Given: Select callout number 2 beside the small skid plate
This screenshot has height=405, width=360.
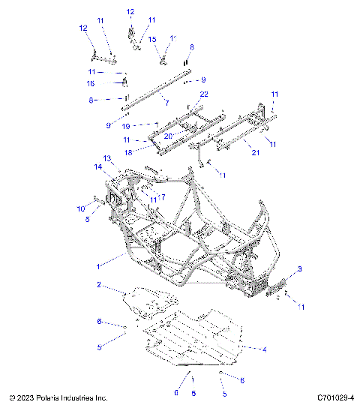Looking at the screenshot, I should pyautogui.click(x=98, y=285).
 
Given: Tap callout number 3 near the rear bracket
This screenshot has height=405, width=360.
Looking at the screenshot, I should pyautogui.click(x=301, y=268).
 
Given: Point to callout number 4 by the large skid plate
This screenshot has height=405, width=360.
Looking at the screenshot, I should pyautogui.click(x=263, y=349).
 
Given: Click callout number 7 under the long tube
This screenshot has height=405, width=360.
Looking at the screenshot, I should pyautogui.click(x=167, y=102).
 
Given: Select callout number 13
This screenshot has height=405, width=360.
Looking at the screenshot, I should pyautogui.click(x=107, y=158).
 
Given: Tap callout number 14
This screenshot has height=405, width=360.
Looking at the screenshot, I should pyautogui.click(x=97, y=166).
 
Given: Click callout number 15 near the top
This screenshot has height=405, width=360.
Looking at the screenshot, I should pyautogui.click(x=151, y=38).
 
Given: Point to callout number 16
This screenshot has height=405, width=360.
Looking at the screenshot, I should pyautogui.click(x=90, y=83).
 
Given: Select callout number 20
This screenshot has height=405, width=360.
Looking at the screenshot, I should pyautogui.click(x=169, y=136).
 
